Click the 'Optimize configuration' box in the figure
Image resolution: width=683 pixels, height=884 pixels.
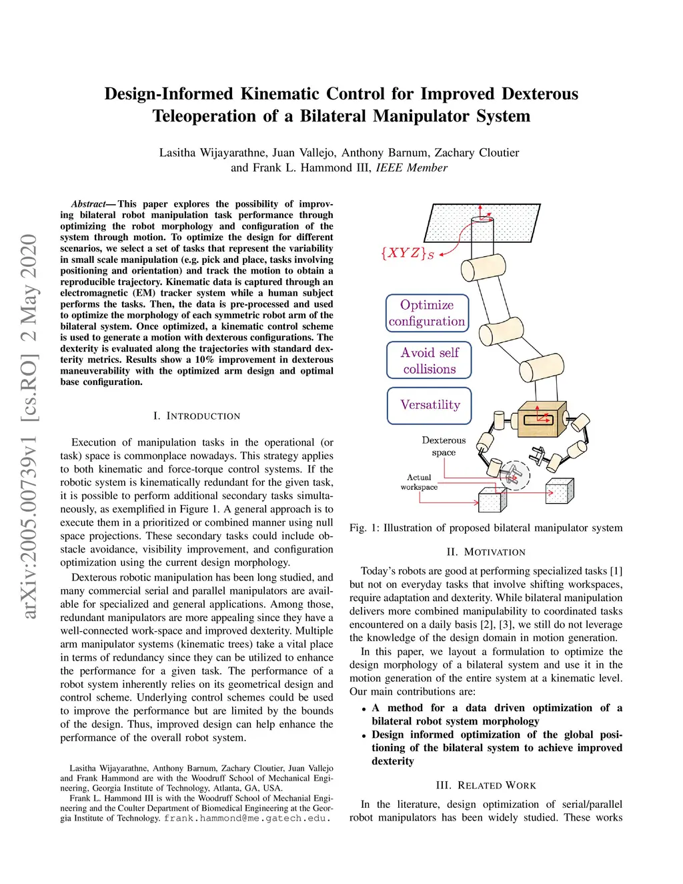pos(427,313)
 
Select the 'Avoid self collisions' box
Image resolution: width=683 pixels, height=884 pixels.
pos(430,360)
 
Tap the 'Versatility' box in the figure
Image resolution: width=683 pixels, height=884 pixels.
pos(430,405)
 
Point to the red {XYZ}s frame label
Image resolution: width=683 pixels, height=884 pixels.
pos(407,253)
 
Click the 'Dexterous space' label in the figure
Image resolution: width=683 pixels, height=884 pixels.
pos(444,446)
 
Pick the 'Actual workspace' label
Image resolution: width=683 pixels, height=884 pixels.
pos(419,482)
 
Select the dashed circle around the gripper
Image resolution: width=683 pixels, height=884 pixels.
pos(514,476)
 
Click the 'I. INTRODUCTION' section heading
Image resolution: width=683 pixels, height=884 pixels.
pos(196,416)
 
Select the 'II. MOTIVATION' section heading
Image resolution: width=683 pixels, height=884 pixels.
pos(486,552)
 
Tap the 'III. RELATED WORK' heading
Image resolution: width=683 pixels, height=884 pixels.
pos(486,786)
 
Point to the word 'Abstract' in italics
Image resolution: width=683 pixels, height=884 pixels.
pos(88,204)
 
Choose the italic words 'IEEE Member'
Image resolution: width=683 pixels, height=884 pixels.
pos(412,168)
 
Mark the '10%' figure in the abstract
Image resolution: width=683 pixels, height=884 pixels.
pos(204,360)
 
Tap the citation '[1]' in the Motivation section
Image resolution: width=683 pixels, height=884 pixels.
pos(616,571)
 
